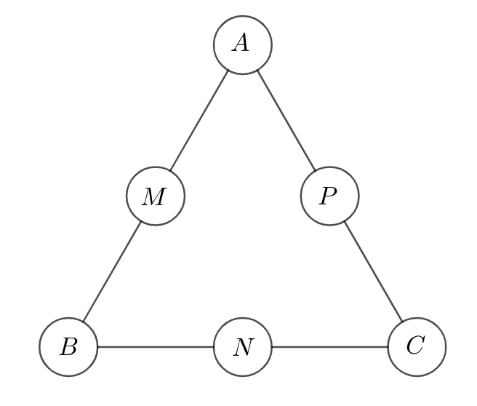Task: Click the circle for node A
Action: coord(242,45)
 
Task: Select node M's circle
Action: coord(156,196)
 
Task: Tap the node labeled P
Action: coord(330,196)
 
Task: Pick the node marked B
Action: coord(68,347)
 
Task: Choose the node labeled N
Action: coord(242,347)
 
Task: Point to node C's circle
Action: coord(417,347)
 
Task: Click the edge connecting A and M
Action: coord(199,121)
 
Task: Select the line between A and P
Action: coord(286,121)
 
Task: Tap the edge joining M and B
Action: coord(112,271)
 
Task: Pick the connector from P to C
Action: coord(373,271)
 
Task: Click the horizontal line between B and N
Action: coord(156,347)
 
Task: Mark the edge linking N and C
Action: coord(330,347)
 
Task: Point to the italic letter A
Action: coord(241,43)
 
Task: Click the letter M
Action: coord(154,197)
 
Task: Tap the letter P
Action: coord(328,196)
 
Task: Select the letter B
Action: coord(68,346)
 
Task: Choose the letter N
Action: coord(244,347)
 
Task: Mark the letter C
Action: coord(415,345)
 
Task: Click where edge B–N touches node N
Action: coord(213,347)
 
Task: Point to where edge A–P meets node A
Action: coord(257,71)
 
